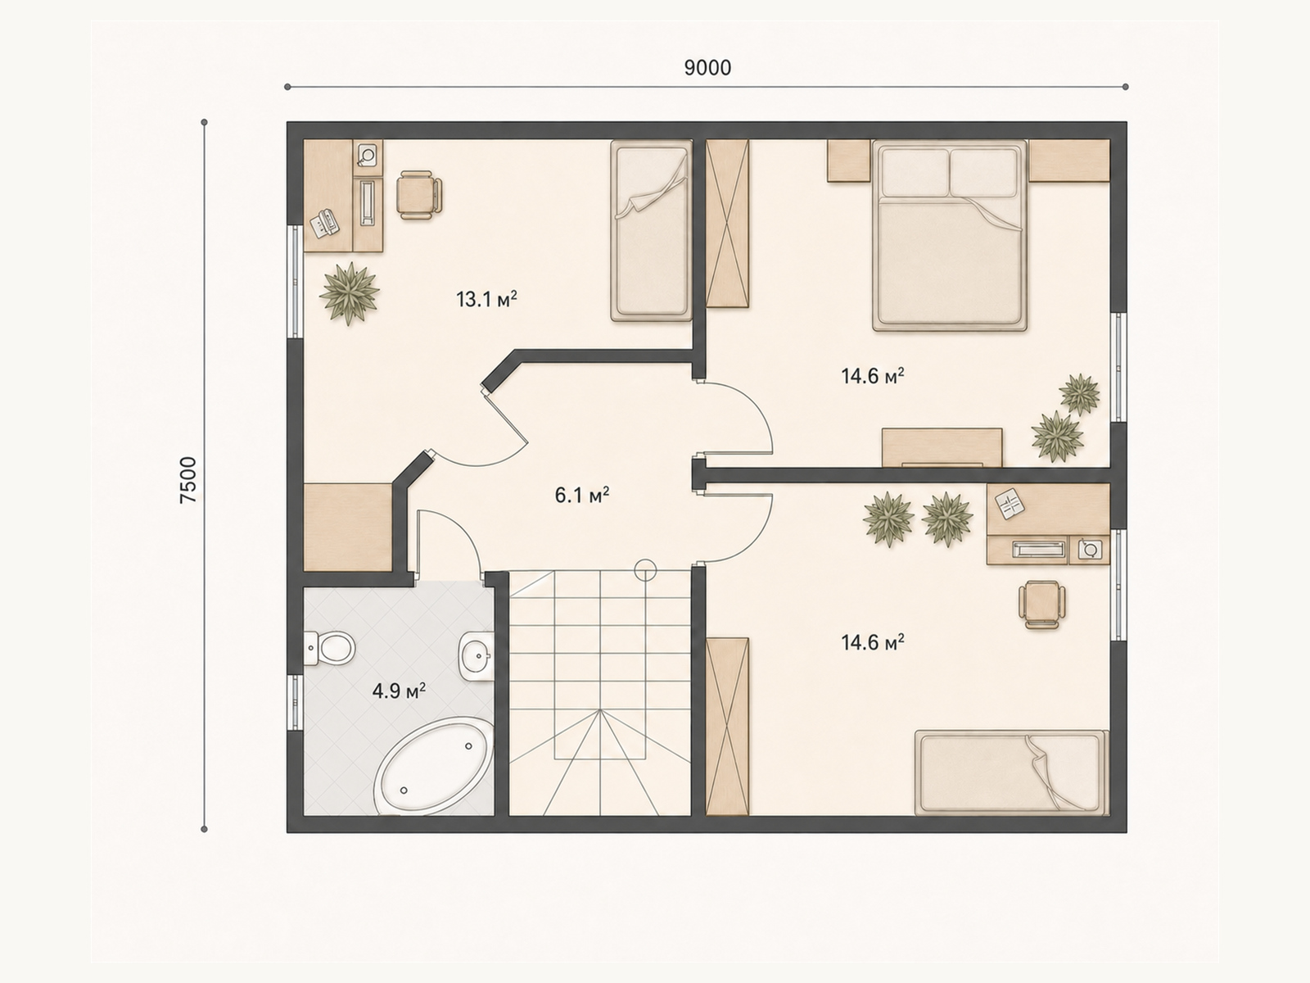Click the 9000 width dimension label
tap(707, 68)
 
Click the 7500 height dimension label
tap(188, 481)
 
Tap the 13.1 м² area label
tap(486, 298)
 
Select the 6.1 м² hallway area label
tap(582, 495)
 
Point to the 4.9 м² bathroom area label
tap(399, 691)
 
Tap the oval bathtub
tap(433, 767)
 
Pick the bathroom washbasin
tap(477, 655)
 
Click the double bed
tap(950, 235)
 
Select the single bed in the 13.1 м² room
tap(651, 230)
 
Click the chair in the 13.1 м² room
tap(420, 195)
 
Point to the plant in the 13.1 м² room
tap(349, 293)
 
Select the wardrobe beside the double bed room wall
tap(728, 224)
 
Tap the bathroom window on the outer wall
tap(294, 703)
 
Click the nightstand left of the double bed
tap(848, 161)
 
